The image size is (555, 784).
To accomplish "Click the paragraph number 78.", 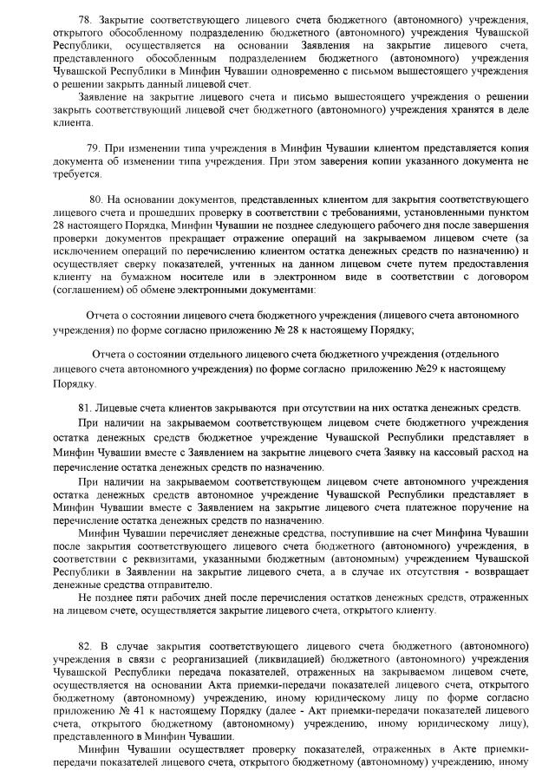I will (84, 18).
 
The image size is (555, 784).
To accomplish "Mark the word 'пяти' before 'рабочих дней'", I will (131, 597).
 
